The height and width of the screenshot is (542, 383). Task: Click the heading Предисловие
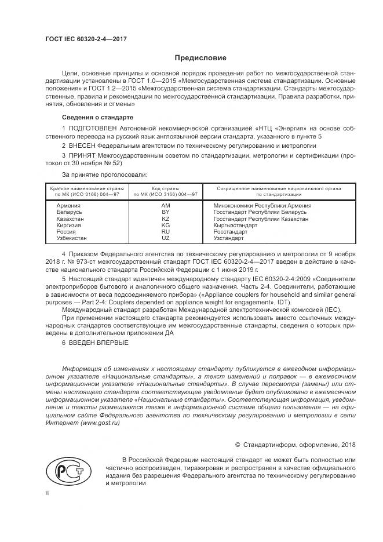(x=200, y=58)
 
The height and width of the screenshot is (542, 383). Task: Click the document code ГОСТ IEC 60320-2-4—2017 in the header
(x=86, y=39)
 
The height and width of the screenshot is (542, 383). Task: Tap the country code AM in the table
(x=166, y=206)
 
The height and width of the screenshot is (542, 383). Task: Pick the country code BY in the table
(x=166, y=213)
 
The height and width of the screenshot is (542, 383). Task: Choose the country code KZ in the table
(x=166, y=219)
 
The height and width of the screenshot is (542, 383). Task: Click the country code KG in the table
(x=166, y=225)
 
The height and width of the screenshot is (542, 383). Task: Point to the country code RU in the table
(x=166, y=232)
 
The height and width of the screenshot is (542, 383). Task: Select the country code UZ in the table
(x=166, y=238)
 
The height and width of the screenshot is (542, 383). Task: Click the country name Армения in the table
(x=68, y=206)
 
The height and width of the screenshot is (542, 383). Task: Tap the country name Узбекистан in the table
(x=72, y=238)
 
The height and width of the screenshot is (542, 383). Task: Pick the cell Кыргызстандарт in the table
(x=236, y=225)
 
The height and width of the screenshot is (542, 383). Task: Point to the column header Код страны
(x=166, y=188)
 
